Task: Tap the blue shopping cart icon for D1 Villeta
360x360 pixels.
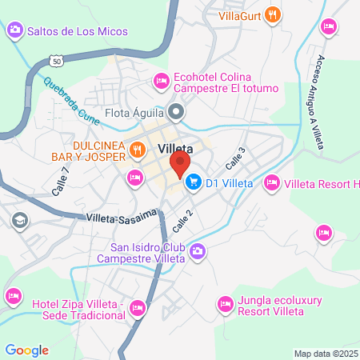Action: click(x=193, y=183)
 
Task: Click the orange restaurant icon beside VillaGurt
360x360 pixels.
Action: click(x=274, y=14)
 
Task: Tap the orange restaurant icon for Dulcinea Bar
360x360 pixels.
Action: click(x=138, y=149)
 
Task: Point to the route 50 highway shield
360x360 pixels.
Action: click(x=54, y=60)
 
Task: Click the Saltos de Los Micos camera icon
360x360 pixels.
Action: click(x=14, y=31)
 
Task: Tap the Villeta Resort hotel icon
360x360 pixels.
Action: click(x=271, y=183)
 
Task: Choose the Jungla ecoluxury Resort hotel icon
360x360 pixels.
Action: click(x=224, y=305)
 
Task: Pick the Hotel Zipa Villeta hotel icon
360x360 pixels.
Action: click(x=138, y=307)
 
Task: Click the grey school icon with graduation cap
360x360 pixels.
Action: click(x=18, y=220)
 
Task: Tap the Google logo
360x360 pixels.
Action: click(x=26, y=350)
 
